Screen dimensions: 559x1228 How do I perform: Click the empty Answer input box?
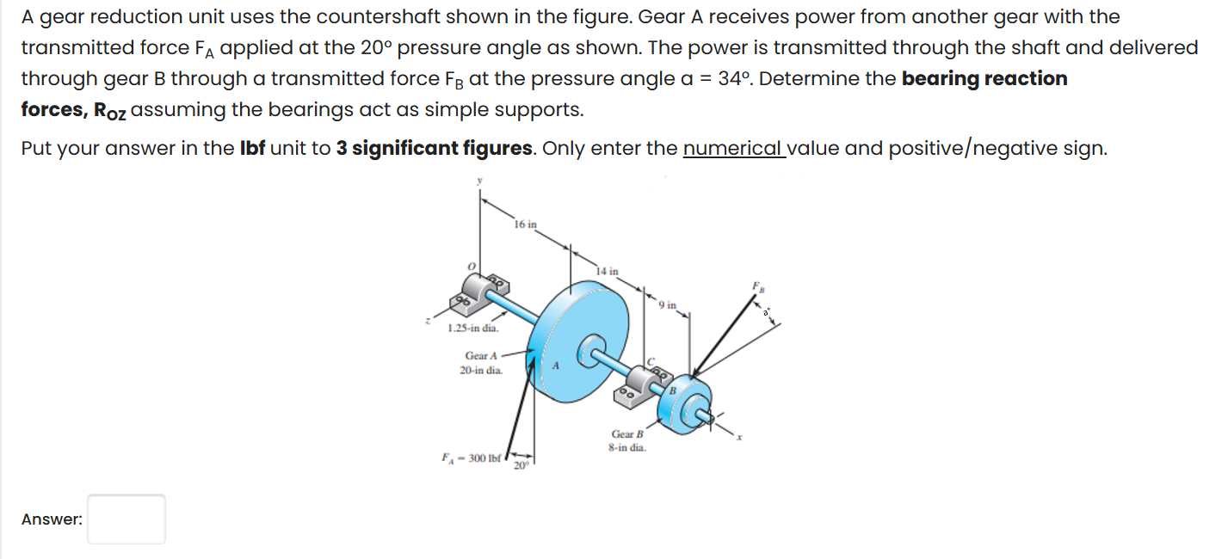pos(127,519)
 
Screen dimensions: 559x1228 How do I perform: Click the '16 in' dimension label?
pos(525,224)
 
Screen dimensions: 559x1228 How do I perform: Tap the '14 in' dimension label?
pos(608,271)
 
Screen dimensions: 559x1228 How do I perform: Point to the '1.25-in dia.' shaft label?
pos(472,329)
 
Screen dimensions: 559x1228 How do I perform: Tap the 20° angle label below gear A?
pos(521,465)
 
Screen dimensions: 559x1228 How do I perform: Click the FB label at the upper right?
pos(758,285)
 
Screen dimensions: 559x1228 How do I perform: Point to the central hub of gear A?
pos(593,349)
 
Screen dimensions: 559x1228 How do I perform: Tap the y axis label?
pos(480,181)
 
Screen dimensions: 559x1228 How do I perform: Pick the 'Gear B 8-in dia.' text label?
pos(627,441)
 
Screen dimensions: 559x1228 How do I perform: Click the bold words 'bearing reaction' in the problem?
pos(984,79)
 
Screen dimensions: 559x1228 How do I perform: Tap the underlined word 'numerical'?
pos(733,149)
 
